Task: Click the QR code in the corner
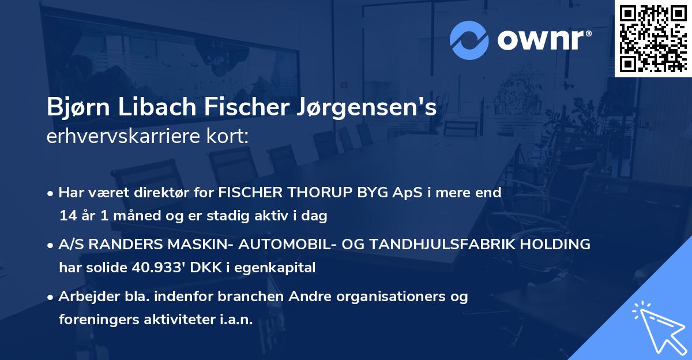(653, 38)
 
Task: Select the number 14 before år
(67, 216)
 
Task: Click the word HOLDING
(556, 244)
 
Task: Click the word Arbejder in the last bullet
(84, 297)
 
